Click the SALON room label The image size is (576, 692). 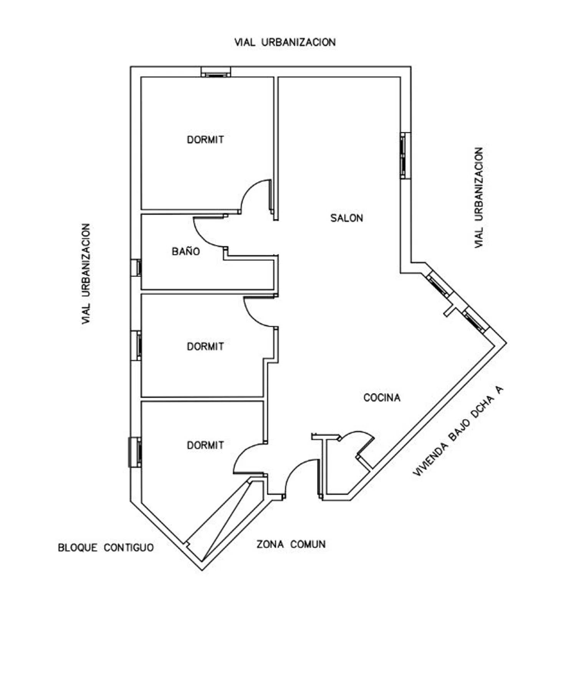click(x=346, y=218)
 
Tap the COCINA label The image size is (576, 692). click(x=382, y=397)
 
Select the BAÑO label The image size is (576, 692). click(x=186, y=251)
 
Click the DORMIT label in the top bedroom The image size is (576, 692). click(x=205, y=139)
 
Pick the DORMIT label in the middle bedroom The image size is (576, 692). click(x=205, y=346)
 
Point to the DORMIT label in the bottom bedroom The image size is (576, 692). click(x=205, y=445)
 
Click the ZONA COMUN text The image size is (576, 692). click(x=291, y=544)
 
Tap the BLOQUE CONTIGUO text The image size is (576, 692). click(x=106, y=547)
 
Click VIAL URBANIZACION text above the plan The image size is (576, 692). click(x=285, y=42)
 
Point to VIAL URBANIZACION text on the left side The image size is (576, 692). click(x=86, y=274)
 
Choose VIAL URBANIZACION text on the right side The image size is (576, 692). click(x=479, y=198)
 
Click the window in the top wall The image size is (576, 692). click(x=216, y=72)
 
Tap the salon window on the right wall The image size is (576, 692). click(x=405, y=155)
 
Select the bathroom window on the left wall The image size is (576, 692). click(x=136, y=267)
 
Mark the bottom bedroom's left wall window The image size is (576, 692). click(x=135, y=452)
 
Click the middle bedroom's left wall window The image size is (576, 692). click(x=136, y=346)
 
